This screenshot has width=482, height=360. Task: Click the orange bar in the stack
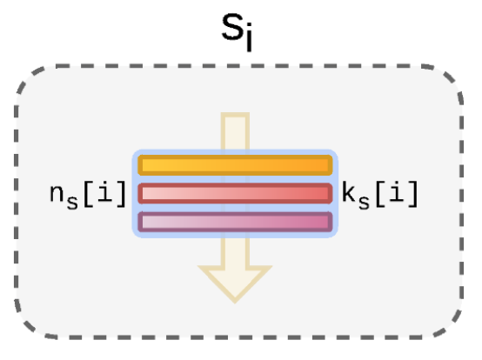(x=235, y=165)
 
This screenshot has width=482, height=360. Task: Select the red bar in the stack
(x=235, y=193)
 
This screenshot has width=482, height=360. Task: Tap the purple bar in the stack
(x=235, y=222)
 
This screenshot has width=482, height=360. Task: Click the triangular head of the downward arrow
(x=235, y=283)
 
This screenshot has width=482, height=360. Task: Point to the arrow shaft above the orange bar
(x=235, y=131)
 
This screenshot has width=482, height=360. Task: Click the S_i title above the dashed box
(x=237, y=32)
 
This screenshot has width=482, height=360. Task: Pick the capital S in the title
(x=232, y=27)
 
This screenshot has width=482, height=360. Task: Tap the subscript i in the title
(x=249, y=37)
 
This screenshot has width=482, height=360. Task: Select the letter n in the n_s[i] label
(x=57, y=193)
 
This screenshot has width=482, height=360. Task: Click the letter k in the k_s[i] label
(x=348, y=192)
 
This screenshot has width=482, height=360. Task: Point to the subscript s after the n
(x=72, y=202)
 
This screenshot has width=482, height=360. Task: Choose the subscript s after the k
(x=364, y=202)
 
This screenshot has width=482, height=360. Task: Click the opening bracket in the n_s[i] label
(x=89, y=194)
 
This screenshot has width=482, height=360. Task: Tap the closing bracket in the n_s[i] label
(x=121, y=194)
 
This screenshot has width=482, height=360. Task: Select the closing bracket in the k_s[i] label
(x=413, y=194)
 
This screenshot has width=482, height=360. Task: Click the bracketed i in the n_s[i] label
(x=104, y=191)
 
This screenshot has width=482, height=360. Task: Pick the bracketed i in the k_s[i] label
(x=397, y=191)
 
